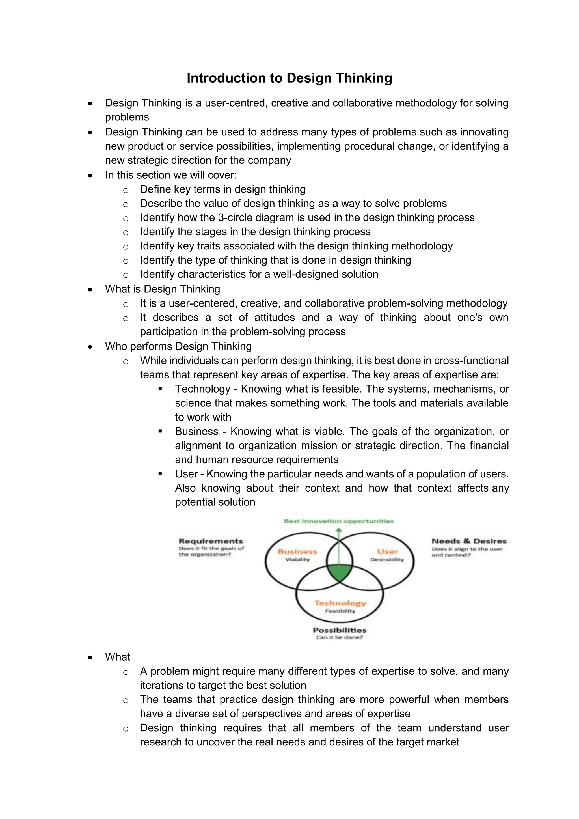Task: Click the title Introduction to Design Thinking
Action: pyautogui.click(x=289, y=78)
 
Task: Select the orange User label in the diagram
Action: pyautogui.click(x=387, y=551)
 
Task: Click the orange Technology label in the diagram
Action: pyautogui.click(x=340, y=603)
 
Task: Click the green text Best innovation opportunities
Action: pyautogui.click(x=338, y=521)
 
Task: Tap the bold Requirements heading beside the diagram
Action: pyautogui.click(x=211, y=541)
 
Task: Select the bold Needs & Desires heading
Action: pyautogui.click(x=469, y=541)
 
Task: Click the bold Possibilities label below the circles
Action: pyautogui.click(x=340, y=630)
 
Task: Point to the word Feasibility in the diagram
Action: pyautogui.click(x=340, y=611)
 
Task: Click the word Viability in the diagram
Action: pyautogui.click(x=297, y=559)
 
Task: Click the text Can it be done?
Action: pyautogui.click(x=340, y=637)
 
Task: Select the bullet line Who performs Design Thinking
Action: pyautogui.click(x=178, y=346)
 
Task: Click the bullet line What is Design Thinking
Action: pyautogui.click(x=162, y=289)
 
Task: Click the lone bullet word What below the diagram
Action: pyautogui.click(x=117, y=657)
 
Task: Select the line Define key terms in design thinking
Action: pyautogui.click(x=222, y=189)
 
